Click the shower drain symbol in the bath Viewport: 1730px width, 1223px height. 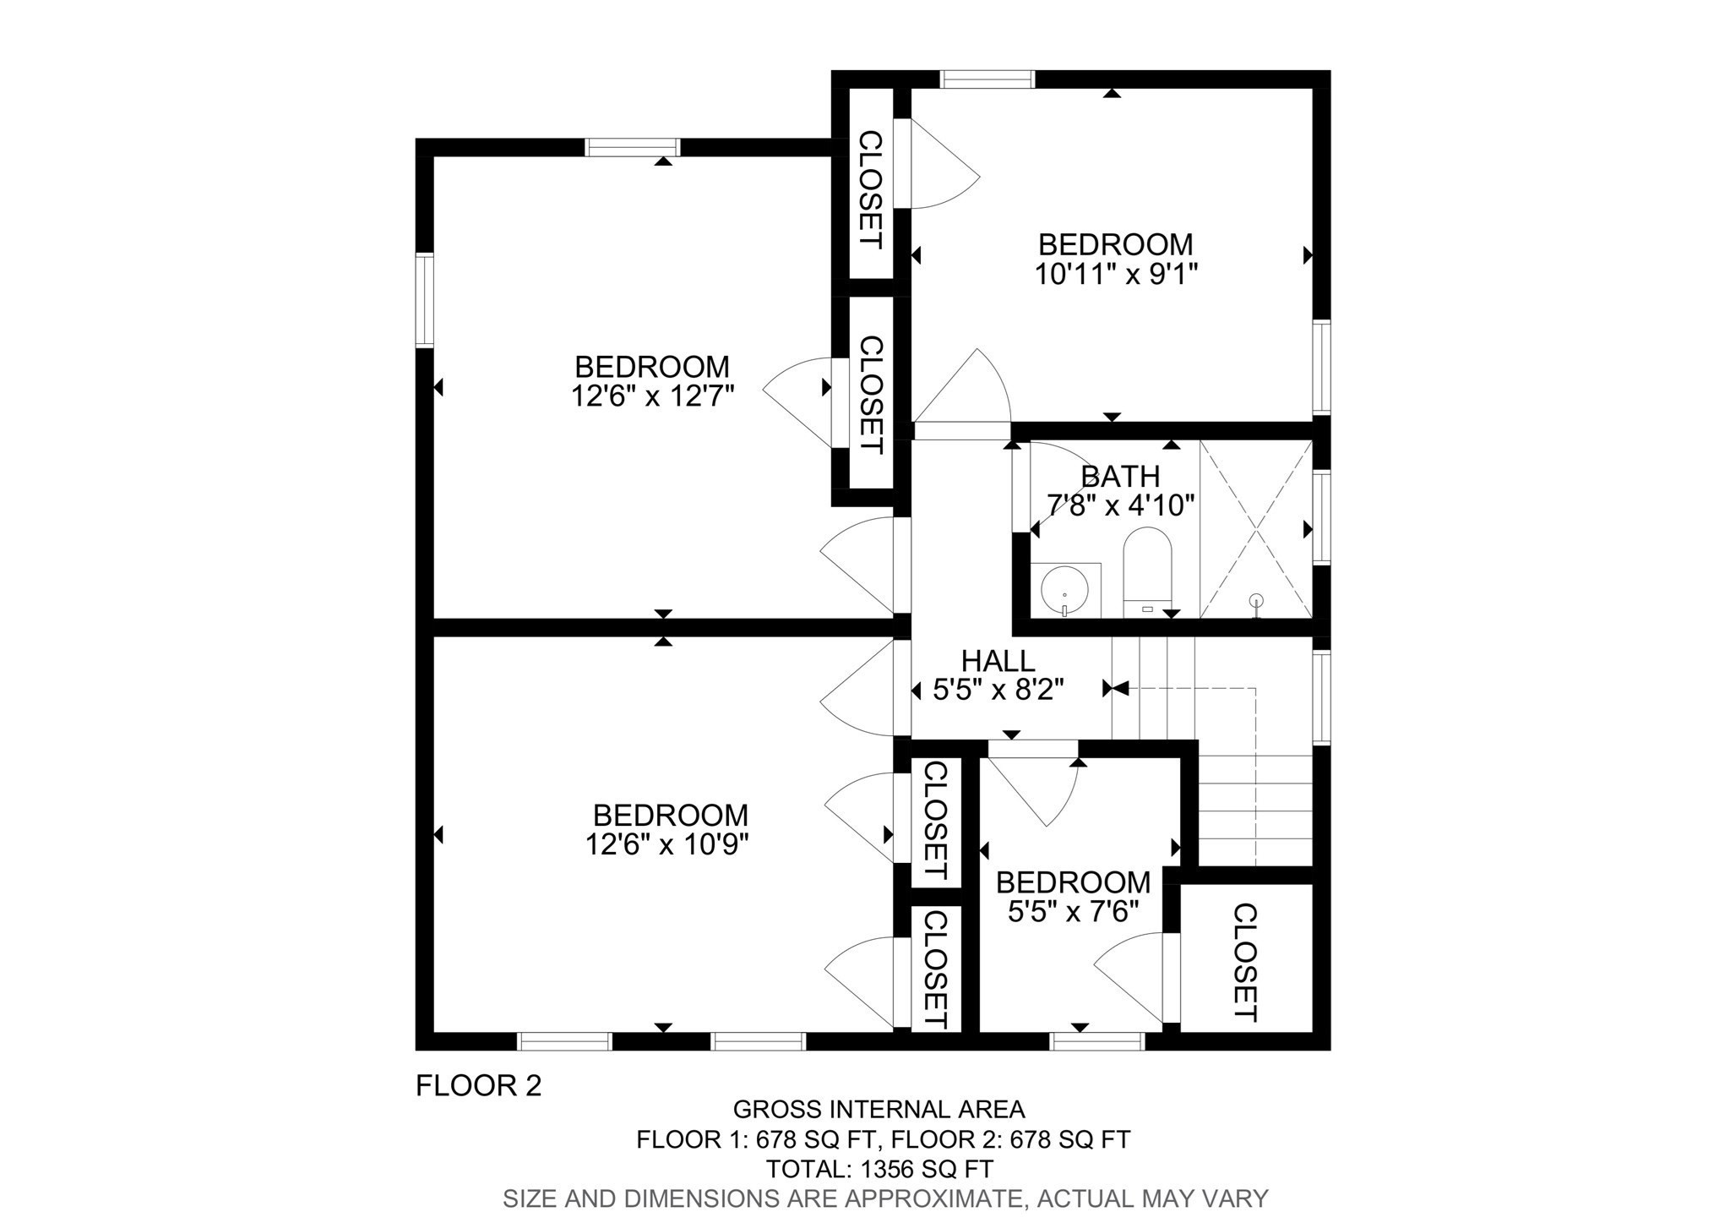(x=1257, y=601)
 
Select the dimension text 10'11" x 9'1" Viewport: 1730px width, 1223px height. (x=1117, y=274)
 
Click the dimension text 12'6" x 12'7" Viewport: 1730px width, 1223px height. (x=652, y=396)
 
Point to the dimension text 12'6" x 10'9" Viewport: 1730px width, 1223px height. (x=667, y=844)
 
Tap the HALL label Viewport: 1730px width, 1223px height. (x=998, y=661)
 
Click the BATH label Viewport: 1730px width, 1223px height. (x=1120, y=477)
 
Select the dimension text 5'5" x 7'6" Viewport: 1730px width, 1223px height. (x=1074, y=911)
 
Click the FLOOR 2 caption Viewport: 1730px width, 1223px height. (x=478, y=1085)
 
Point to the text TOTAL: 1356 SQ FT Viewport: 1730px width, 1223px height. (x=879, y=1169)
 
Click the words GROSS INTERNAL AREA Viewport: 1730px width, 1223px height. (x=879, y=1109)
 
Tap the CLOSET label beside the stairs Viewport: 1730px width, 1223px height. (x=1245, y=962)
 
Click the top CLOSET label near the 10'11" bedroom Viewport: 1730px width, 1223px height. (x=870, y=189)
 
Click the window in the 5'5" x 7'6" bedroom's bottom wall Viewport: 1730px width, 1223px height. (x=1097, y=1041)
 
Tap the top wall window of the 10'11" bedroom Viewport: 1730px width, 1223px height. (x=987, y=79)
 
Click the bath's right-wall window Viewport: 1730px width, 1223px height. (x=1321, y=516)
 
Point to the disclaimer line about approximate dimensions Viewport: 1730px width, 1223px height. (x=885, y=1198)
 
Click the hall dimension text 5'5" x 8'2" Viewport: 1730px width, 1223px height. (x=997, y=691)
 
